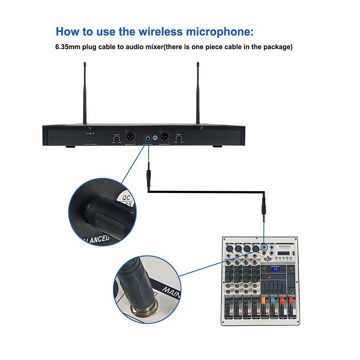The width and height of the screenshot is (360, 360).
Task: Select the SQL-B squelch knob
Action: [x=117, y=139]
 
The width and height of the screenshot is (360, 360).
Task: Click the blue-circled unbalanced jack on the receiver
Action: [x=148, y=138]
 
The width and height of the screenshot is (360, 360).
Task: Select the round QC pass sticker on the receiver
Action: [x=155, y=138]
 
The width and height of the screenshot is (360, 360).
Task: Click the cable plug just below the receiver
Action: [x=148, y=175]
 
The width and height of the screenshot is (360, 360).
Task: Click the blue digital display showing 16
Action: [x=276, y=269]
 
